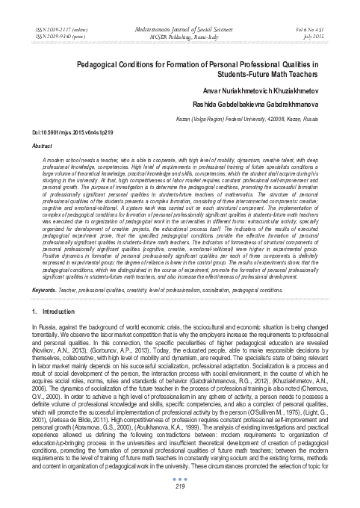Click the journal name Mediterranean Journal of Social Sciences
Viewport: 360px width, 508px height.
click(179, 25)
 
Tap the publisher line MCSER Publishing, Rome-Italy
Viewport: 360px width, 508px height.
click(179, 32)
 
